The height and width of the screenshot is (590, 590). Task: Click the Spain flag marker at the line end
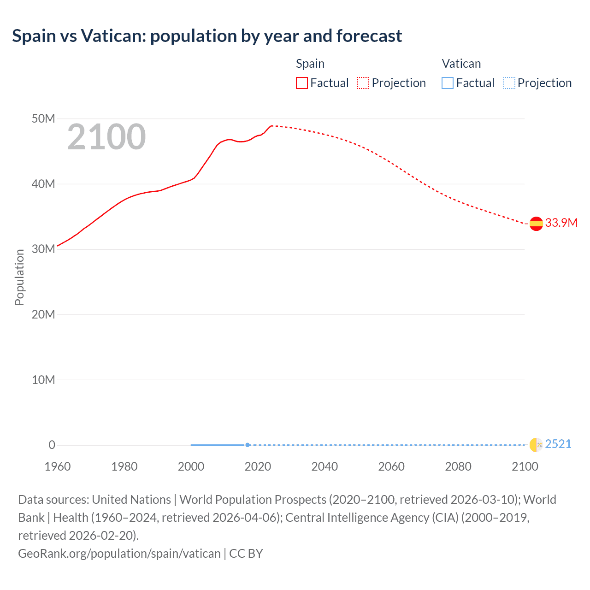(x=536, y=224)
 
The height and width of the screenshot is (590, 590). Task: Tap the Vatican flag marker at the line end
(x=536, y=445)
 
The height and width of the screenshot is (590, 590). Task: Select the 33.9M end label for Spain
(x=561, y=223)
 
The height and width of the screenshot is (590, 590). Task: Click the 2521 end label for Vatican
(x=558, y=444)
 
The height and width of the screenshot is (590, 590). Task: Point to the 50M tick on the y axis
(x=43, y=119)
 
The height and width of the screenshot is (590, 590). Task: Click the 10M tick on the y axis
(x=43, y=380)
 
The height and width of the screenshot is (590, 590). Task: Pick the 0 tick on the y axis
(x=52, y=445)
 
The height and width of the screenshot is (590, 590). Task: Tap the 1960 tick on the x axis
(x=58, y=466)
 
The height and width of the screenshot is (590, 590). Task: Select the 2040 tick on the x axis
(x=324, y=466)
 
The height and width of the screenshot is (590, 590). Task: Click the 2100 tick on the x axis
(x=525, y=466)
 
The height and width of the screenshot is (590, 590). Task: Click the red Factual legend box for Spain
(x=302, y=83)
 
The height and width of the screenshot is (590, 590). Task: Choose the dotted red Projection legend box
(x=363, y=83)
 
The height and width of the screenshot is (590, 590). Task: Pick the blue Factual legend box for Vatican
(x=448, y=83)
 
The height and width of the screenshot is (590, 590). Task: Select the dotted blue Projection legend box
(x=509, y=83)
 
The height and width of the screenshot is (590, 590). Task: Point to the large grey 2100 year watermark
(x=106, y=137)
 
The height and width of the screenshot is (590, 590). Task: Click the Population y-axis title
(x=19, y=277)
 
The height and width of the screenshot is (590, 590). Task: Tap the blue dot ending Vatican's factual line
(x=248, y=445)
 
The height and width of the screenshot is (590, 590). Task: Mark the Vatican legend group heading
(x=461, y=64)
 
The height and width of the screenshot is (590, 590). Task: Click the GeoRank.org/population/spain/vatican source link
(x=119, y=553)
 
